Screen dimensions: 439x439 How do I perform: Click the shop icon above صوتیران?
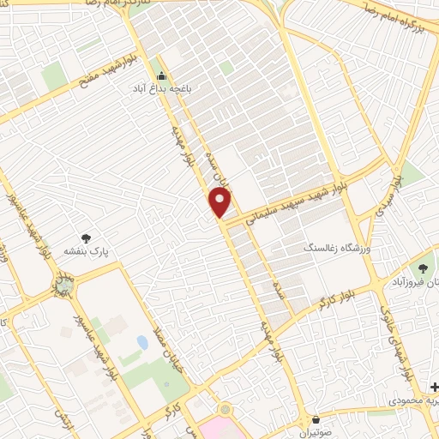click(318, 420)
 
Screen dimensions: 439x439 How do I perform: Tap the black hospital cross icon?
click(434, 387)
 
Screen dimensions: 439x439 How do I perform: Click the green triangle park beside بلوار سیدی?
click(413, 176)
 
